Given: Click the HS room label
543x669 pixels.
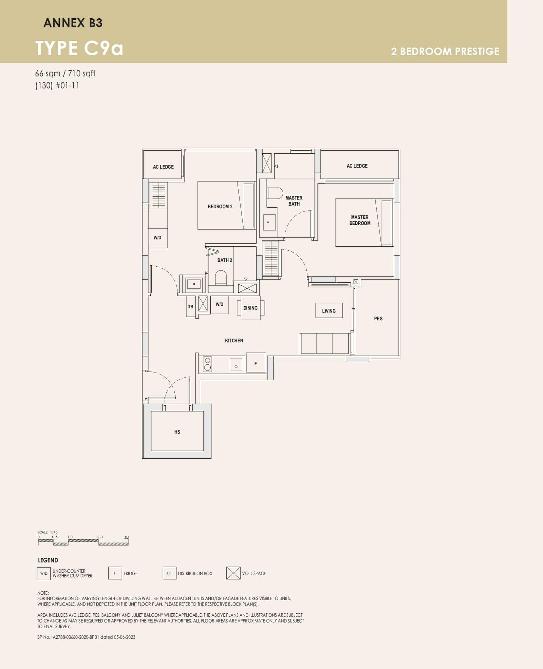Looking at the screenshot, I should [177, 432].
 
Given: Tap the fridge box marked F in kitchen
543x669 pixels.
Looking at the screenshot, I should [256, 363].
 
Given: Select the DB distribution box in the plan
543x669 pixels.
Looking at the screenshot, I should [190, 307].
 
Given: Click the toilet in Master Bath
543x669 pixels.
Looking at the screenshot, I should [275, 194].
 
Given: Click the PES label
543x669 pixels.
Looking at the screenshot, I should [378, 319].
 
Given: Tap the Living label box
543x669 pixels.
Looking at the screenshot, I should [329, 311].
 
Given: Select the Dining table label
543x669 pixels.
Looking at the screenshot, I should [250, 308].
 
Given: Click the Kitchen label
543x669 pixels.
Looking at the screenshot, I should [234, 341].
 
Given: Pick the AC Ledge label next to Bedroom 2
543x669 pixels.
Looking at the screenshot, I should [163, 167].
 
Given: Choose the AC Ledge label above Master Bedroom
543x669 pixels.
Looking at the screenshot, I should [357, 166].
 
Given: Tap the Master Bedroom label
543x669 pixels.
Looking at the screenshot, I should [360, 220].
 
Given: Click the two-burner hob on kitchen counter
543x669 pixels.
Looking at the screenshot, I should [207, 364].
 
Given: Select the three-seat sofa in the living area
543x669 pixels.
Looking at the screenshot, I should [324, 344].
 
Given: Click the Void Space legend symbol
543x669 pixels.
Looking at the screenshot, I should [233, 573].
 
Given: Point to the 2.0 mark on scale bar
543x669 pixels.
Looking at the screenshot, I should [100, 537].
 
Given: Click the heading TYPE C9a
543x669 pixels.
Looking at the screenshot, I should [79, 48].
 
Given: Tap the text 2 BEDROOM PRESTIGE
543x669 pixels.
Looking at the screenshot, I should [445, 51].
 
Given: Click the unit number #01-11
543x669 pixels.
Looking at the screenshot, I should [68, 85].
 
